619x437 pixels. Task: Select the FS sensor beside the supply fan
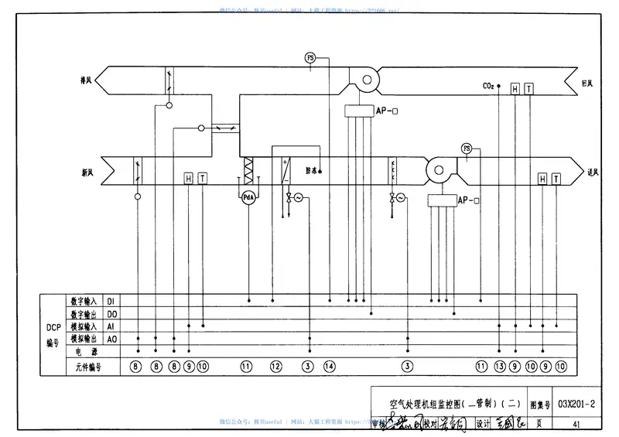(x=466, y=148)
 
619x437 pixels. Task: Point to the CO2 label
(x=489, y=86)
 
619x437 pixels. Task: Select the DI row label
(x=111, y=300)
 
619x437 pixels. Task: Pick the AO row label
(x=111, y=339)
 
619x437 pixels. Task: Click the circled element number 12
(x=276, y=366)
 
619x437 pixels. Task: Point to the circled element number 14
(x=330, y=366)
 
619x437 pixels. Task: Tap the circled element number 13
(x=500, y=366)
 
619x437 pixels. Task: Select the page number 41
(x=576, y=423)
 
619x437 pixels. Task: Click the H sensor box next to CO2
(x=515, y=89)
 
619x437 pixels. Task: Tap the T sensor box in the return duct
(x=528, y=89)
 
